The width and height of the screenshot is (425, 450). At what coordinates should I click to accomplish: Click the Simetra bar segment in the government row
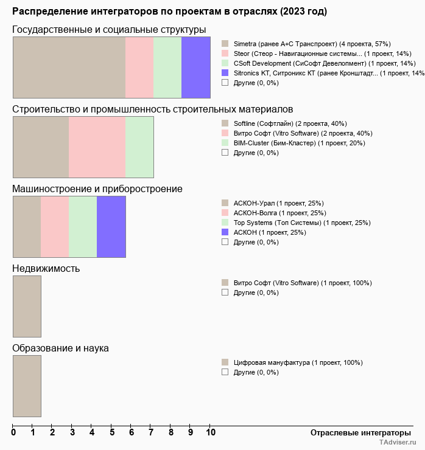tap(69, 67)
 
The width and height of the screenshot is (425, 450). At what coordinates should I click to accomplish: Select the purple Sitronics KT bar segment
tap(196, 67)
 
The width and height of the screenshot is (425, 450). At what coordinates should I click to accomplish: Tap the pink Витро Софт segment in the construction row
tap(97, 147)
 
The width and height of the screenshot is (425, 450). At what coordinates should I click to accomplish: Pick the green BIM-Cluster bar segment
tap(139, 147)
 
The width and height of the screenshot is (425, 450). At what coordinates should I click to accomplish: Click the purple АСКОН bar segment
tap(111, 227)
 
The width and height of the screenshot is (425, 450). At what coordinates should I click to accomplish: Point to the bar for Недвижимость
tap(27, 306)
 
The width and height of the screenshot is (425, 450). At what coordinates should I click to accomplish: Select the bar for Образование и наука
tap(27, 386)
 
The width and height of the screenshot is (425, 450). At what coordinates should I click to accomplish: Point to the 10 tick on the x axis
tap(211, 432)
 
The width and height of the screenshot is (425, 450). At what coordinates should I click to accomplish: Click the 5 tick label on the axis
tap(112, 432)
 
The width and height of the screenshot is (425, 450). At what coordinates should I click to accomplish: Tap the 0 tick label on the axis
tap(13, 432)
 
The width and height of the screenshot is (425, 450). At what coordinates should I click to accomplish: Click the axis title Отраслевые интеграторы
tap(357, 432)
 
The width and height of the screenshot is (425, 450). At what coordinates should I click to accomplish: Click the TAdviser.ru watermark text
tap(398, 443)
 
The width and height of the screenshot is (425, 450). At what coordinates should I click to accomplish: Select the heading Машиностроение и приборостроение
tap(97, 189)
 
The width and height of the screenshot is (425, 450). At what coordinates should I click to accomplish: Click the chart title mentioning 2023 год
tap(169, 12)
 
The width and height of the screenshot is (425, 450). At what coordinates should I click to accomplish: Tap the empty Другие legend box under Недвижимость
tap(225, 292)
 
